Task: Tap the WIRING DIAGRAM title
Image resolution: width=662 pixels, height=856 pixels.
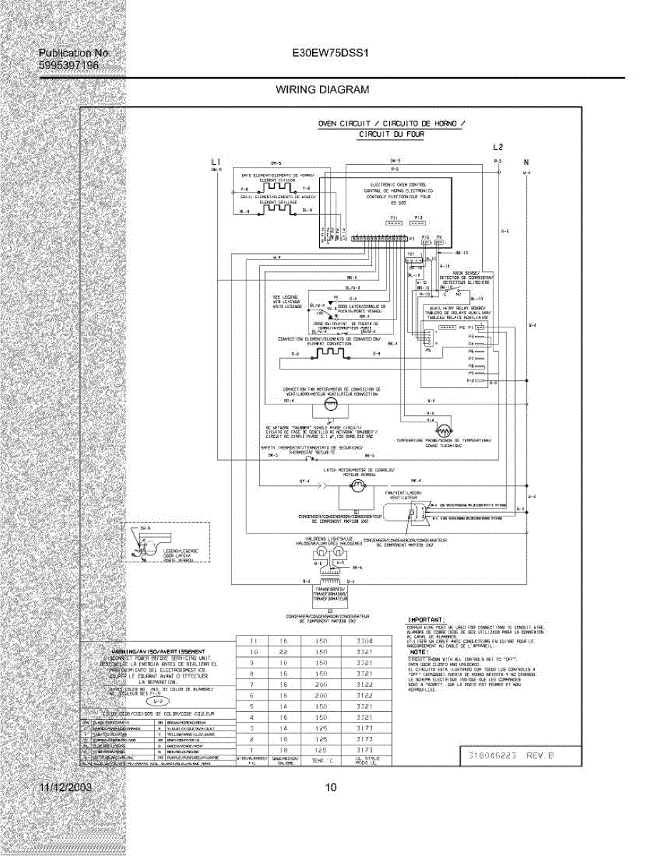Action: pyautogui.click(x=322, y=90)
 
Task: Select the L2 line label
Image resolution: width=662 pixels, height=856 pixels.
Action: pyautogui.click(x=498, y=147)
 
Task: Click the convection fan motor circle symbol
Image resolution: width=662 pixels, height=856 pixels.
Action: pyautogui.click(x=330, y=404)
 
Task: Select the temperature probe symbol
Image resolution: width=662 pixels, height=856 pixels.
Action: pyautogui.click(x=444, y=431)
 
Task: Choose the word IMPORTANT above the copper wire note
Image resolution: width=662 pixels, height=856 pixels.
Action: pyautogui.click(x=426, y=619)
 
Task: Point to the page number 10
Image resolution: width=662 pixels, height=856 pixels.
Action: pyautogui.click(x=330, y=788)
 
